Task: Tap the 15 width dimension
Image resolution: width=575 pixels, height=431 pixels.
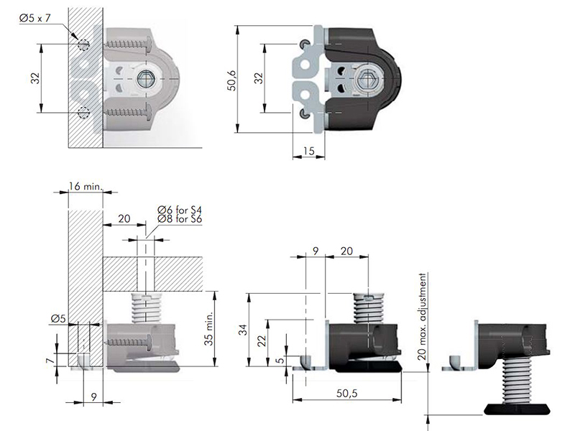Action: [x=308, y=150]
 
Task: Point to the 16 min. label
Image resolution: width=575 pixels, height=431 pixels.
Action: [x=86, y=186]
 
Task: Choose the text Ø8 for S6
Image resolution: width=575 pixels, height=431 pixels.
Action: [x=180, y=220]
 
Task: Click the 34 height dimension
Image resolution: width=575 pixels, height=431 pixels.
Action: [x=242, y=331]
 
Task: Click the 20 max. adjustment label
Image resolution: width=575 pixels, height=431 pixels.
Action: [x=424, y=315]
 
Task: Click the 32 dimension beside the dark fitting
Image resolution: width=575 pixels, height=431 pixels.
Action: [x=257, y=79]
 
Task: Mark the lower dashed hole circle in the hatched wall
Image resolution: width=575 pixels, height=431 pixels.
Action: [x=84, y=112]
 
